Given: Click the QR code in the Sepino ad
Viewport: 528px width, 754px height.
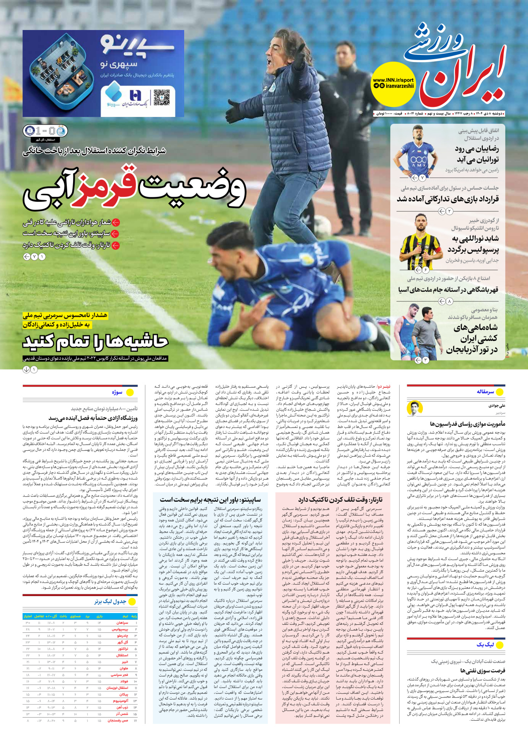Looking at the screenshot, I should point(161,98).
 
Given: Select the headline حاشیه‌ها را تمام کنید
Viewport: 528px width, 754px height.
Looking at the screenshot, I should point(95,341).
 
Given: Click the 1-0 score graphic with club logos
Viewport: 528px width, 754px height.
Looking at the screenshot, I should point(44,131).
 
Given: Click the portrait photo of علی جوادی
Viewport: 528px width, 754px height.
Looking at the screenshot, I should point(415,408).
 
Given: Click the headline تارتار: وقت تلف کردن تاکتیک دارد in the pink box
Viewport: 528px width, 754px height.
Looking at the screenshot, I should point(340,499).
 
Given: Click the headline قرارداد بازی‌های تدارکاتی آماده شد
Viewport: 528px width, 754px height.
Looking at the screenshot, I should point(447,199).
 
